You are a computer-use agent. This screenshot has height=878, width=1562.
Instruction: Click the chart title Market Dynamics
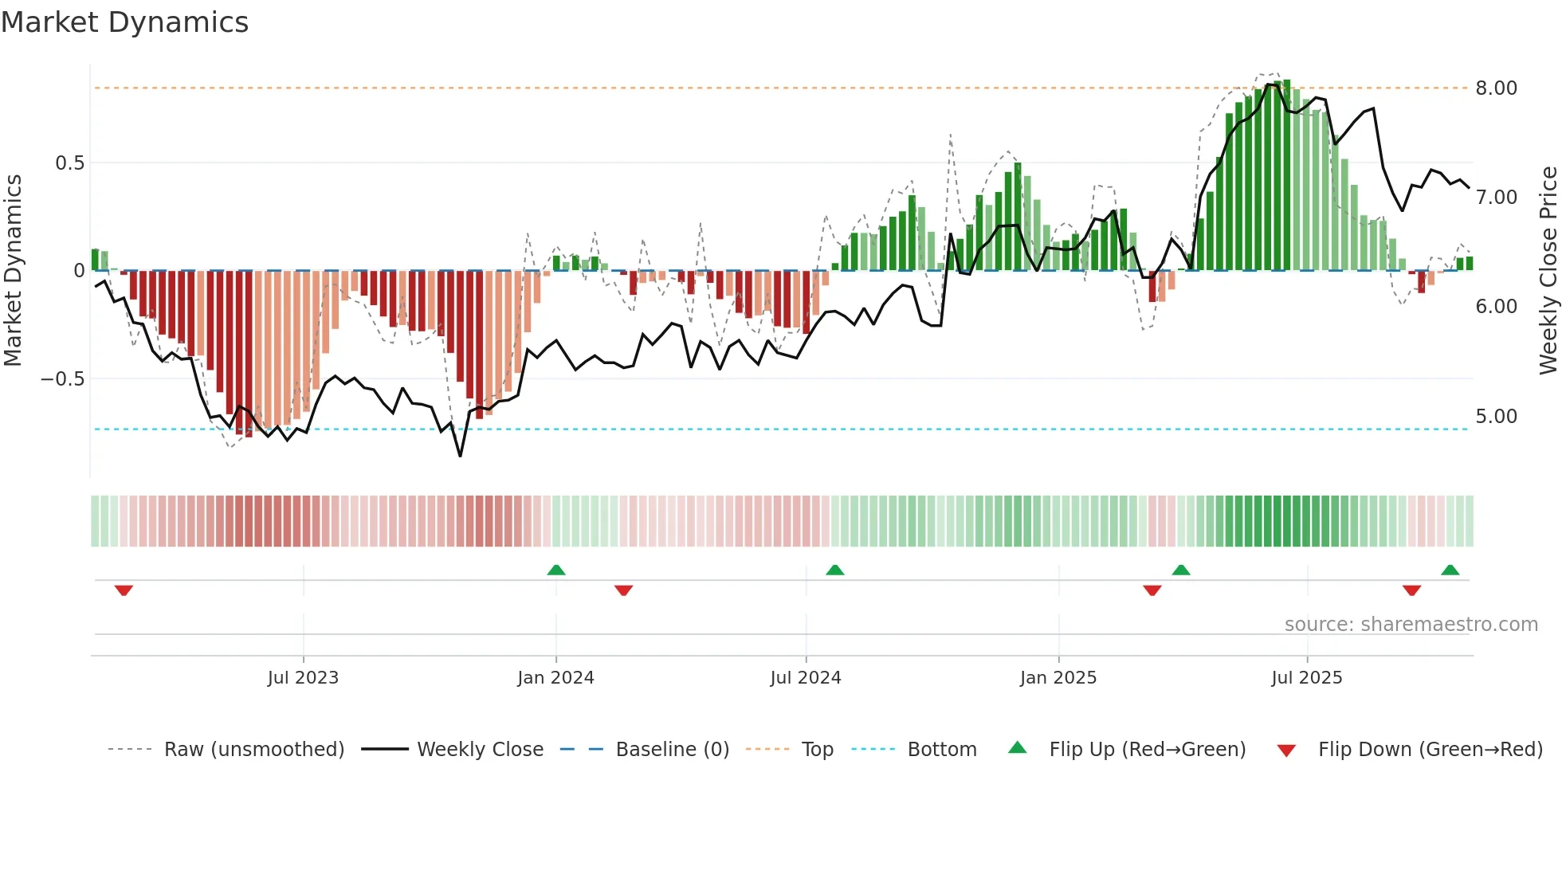coord(125,22)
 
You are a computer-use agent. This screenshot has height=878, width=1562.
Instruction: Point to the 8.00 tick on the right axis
coord(1496,88)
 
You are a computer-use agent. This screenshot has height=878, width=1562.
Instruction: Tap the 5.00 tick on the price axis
coord(1496,417)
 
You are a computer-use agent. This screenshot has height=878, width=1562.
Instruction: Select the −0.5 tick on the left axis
coord(62,379)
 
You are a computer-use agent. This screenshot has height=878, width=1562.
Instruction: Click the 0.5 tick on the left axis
coord(69,163)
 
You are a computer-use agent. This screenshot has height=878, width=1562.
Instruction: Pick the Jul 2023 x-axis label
coord(303,678)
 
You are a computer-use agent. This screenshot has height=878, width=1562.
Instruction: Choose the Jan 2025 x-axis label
coord(1058,678)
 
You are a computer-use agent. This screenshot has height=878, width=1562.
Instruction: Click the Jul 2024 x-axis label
coord(806,678)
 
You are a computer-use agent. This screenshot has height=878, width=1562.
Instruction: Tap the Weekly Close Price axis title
coord(1548,271)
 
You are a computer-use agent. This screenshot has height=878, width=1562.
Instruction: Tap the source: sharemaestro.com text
coord(1411,625)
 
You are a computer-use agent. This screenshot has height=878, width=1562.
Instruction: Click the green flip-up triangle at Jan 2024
coord(556,570)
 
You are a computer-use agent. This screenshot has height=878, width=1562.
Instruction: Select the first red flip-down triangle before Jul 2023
coord(124,590)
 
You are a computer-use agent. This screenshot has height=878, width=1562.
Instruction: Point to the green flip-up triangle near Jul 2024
coord(834,570)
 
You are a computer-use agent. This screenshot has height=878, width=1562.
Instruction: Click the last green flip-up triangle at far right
coord(1450,570)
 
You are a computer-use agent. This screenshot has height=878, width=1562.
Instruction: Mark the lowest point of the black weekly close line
coord(460,456)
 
